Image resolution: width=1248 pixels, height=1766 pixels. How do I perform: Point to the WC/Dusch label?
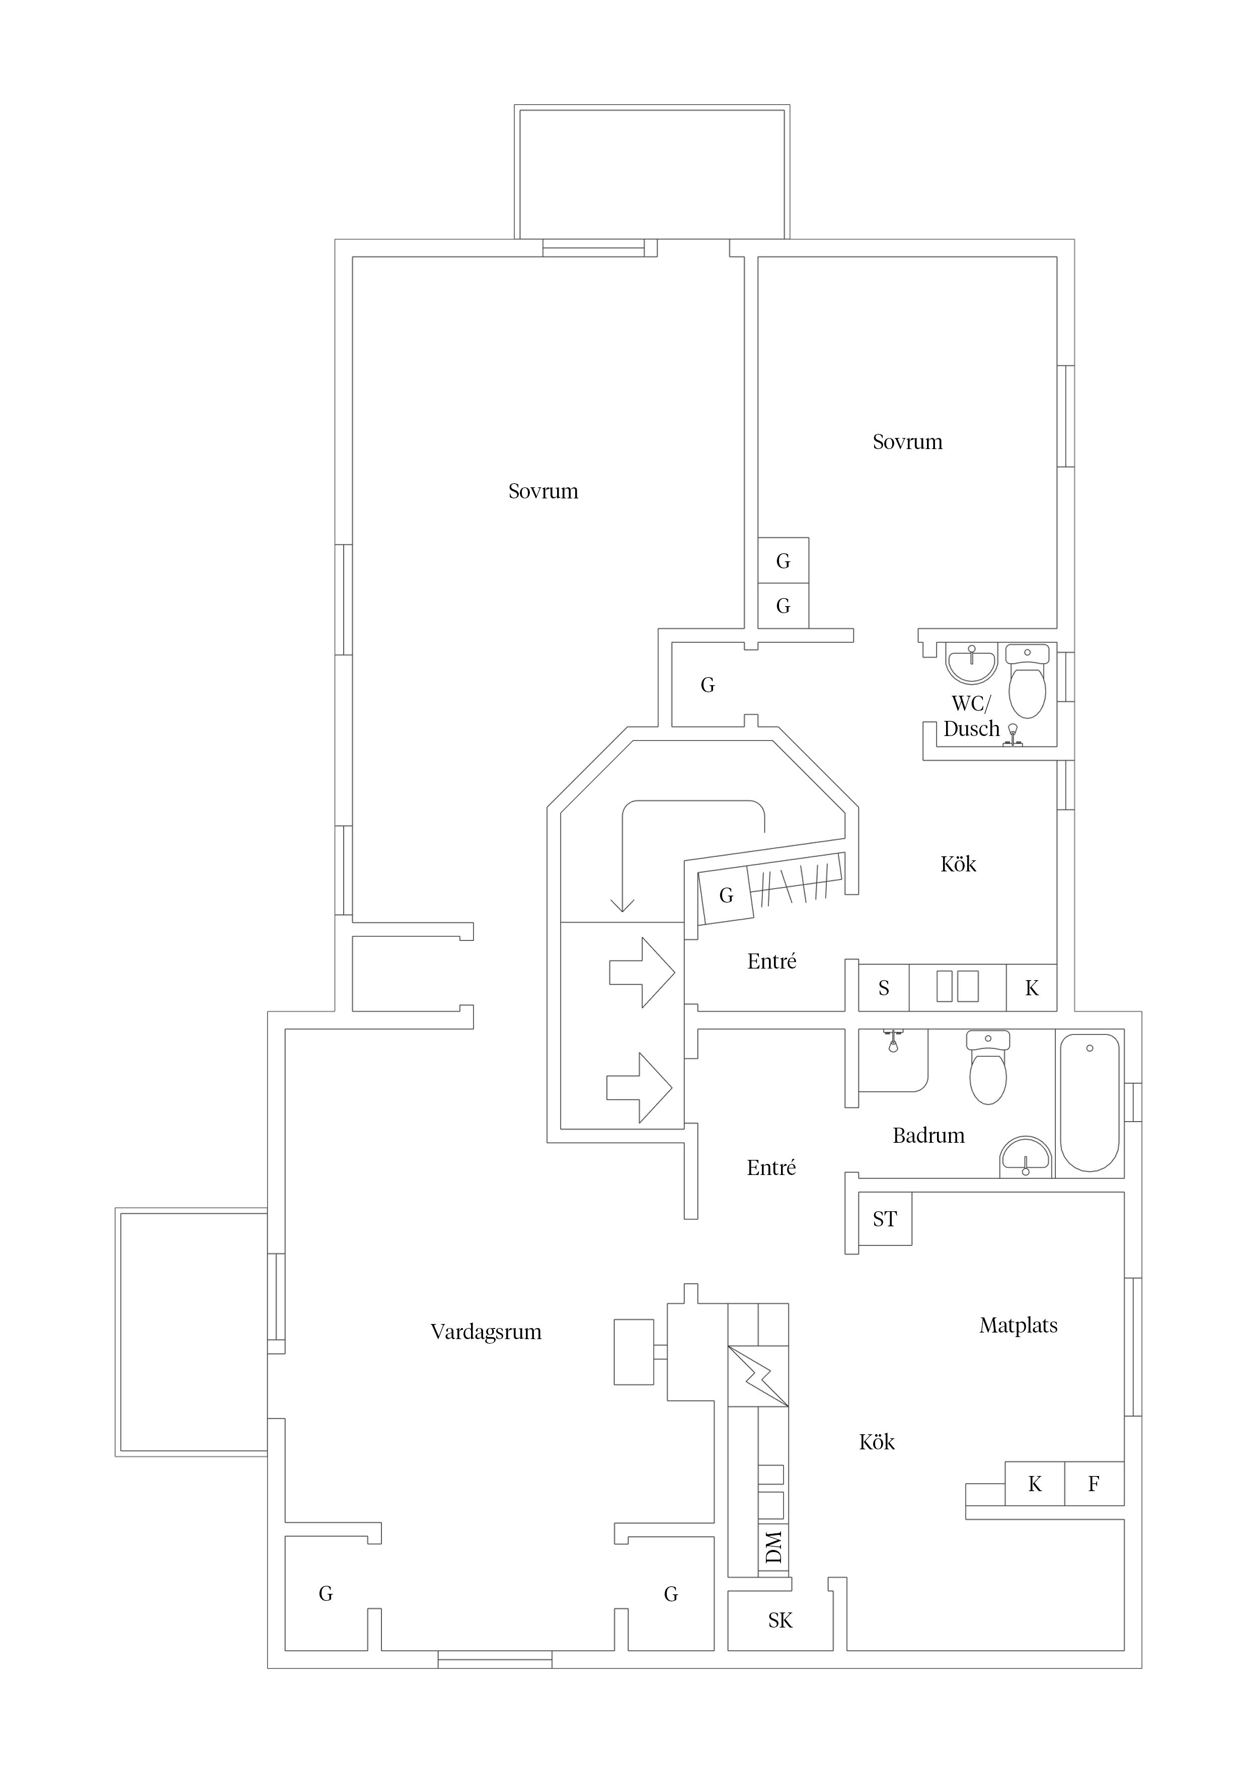(x=972, y=716)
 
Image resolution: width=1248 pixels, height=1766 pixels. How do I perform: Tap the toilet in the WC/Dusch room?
(x=1027, y=682)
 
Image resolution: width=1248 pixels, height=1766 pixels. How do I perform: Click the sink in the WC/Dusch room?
(x=972, y=665)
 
